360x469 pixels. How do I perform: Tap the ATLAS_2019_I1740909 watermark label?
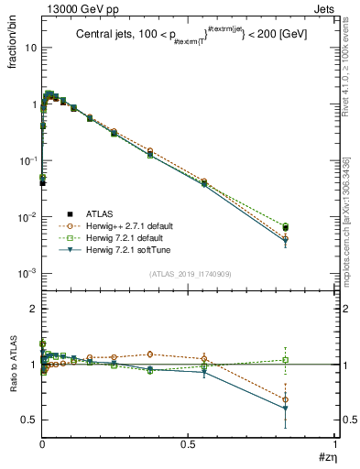point(190,274)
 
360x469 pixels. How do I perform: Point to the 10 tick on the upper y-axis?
point(29,48)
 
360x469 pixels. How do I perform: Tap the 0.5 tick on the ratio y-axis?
point(30,420)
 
